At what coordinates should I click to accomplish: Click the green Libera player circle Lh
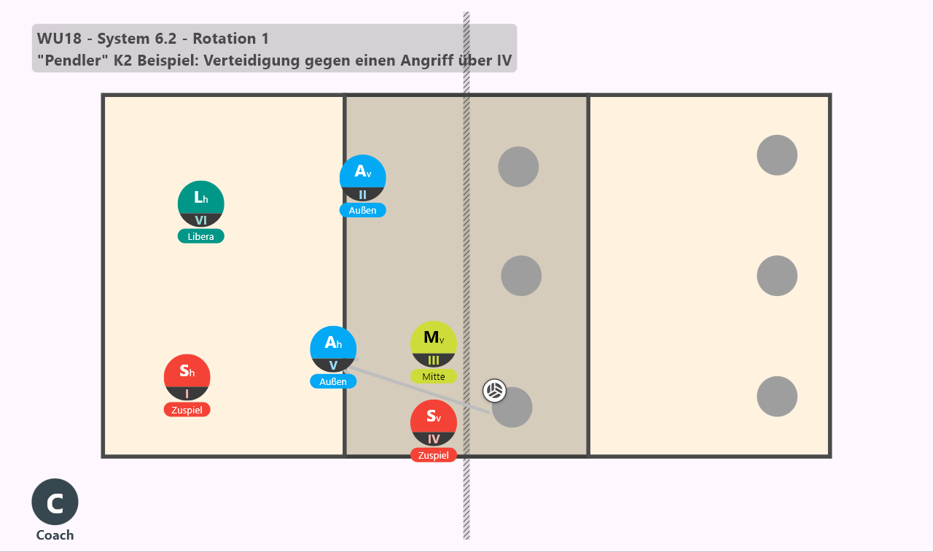pyautogui.click(x=200, y=203)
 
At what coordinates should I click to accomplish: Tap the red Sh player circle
pyautogui.click(x=187, y=378)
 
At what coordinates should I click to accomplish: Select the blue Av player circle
pyautogui.click(x=363, y=178)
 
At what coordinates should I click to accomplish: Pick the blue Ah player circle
pyautogui.click(x=333, y=349)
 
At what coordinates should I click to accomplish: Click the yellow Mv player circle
pyautogui.click(x=434, y=344)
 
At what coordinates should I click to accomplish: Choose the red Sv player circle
pyautogui.click(x=434, y=423)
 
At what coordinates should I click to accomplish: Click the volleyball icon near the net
pyautogui.click(x=494, y=391)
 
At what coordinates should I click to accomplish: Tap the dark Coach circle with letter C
pyautogui.click(x=55, y=502)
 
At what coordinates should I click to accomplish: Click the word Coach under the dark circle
pyautogui.click(x=55, y=535)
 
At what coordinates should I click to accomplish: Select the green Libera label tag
pyautogui.click(x=200, y=236)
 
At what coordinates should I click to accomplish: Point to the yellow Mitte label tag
pyautogui.click(x=434, y=376)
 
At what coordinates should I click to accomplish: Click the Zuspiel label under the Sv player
pyautogui.click(x=434, y=455)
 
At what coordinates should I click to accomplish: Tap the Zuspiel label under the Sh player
pyautogui.click(x=187, y=410)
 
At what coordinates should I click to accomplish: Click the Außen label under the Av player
pyautogui.click(x=363, y=211)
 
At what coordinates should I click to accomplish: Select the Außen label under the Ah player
pyautogui.click(x=333, y=381)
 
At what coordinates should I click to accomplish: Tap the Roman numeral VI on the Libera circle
pyautogui.click(x=200, y=220)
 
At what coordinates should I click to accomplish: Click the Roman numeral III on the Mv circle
pyautogui.click(x=434, y=360)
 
